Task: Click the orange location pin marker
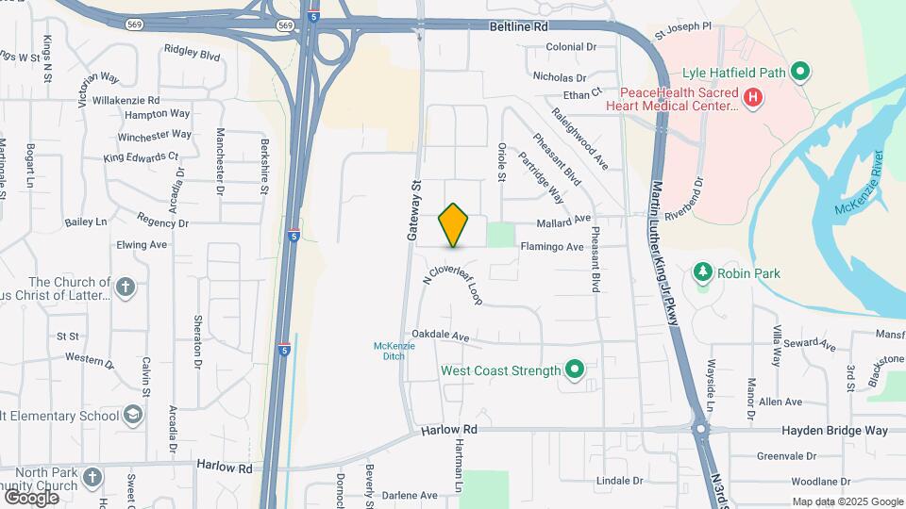coord(454,224)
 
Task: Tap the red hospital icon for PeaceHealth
coord(753,97)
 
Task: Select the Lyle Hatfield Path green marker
coord(800,71)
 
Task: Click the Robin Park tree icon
coord(702,273)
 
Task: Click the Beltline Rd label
coord(519,27)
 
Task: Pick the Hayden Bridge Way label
coord(835,430)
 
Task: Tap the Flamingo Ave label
coord(552,247)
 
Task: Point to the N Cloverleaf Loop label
coord(453,279)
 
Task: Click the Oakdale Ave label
coord(440,336)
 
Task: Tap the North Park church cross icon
coord(92,475)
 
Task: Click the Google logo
coord(31,497)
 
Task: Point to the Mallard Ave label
coord(563,220)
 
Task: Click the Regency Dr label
coord(162,222)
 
